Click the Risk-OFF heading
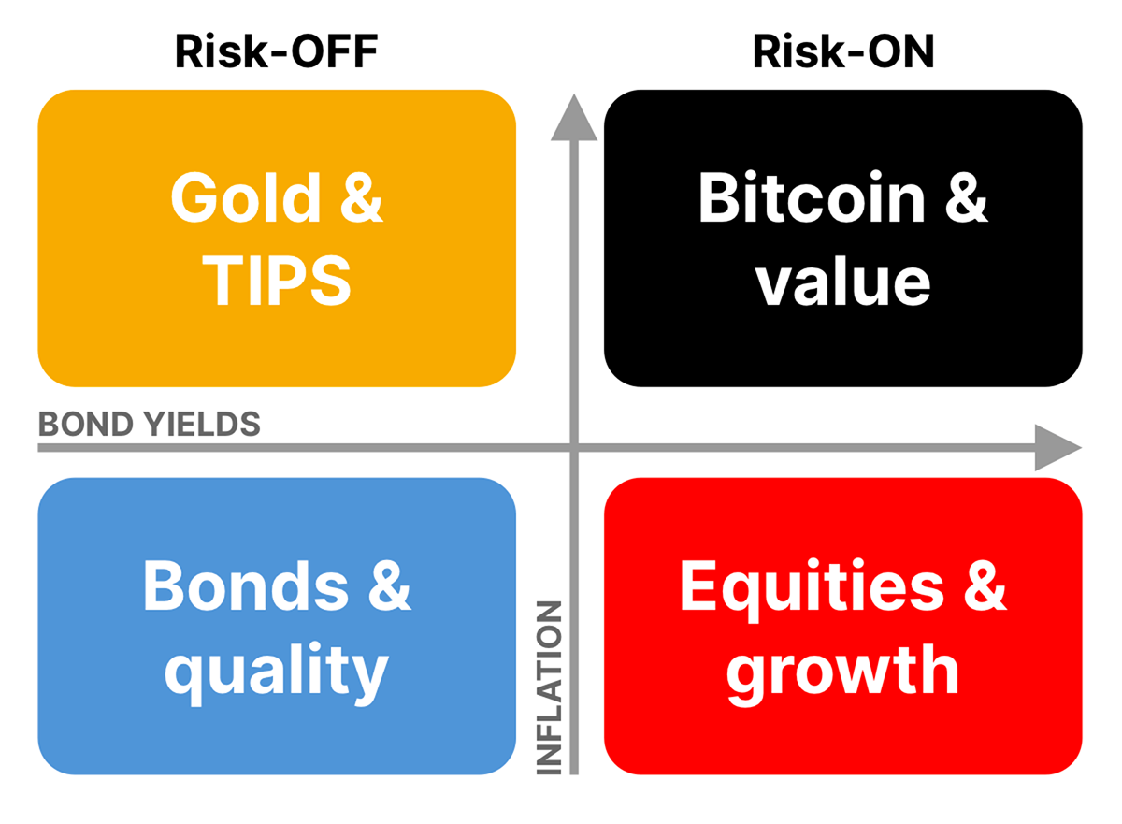click(x=277, y=51)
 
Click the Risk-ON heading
click(x=843, y=51)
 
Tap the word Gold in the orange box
click(x=245, y=197)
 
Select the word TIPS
click(x=277, y=281)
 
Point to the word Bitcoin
click(x=812, y=197)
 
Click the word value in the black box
click(x=843, y=282)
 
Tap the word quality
click(x=277, y=672)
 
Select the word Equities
click(x=812, y=586)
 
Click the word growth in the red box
click(x=843, y=672)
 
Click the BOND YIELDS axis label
click(x=150, y=424)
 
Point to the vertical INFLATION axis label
click(x=549, y=687)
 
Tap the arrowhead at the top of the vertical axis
click(x=574, y=118)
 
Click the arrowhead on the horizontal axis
click(x=1057, y=447)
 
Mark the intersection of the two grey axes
click(x=574, y=447)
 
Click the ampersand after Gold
click(x=362, y=197)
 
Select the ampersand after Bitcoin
click(x=966, y=197)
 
